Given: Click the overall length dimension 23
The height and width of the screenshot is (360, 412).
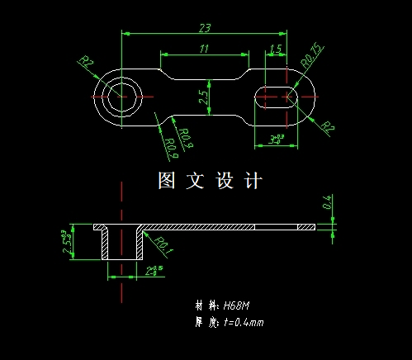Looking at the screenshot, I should pyautogui.click(x=204, y=27).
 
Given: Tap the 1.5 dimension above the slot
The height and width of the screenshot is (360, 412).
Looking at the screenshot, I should pyautogui.click(x=277, y=50).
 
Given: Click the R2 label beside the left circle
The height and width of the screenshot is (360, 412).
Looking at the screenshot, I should pyautogui.click(x=87, y=62).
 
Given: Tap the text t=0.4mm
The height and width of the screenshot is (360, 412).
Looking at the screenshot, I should pyautogui.click(x=244, y=322).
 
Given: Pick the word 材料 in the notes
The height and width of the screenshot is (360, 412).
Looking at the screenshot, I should pyautogui.click(x=203, y=306).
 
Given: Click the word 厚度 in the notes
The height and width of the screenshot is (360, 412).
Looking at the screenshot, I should pyautogui.click(x=203, y=322).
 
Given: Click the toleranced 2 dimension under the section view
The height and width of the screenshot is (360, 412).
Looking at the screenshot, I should pyautogui.click(x=153, y=270).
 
